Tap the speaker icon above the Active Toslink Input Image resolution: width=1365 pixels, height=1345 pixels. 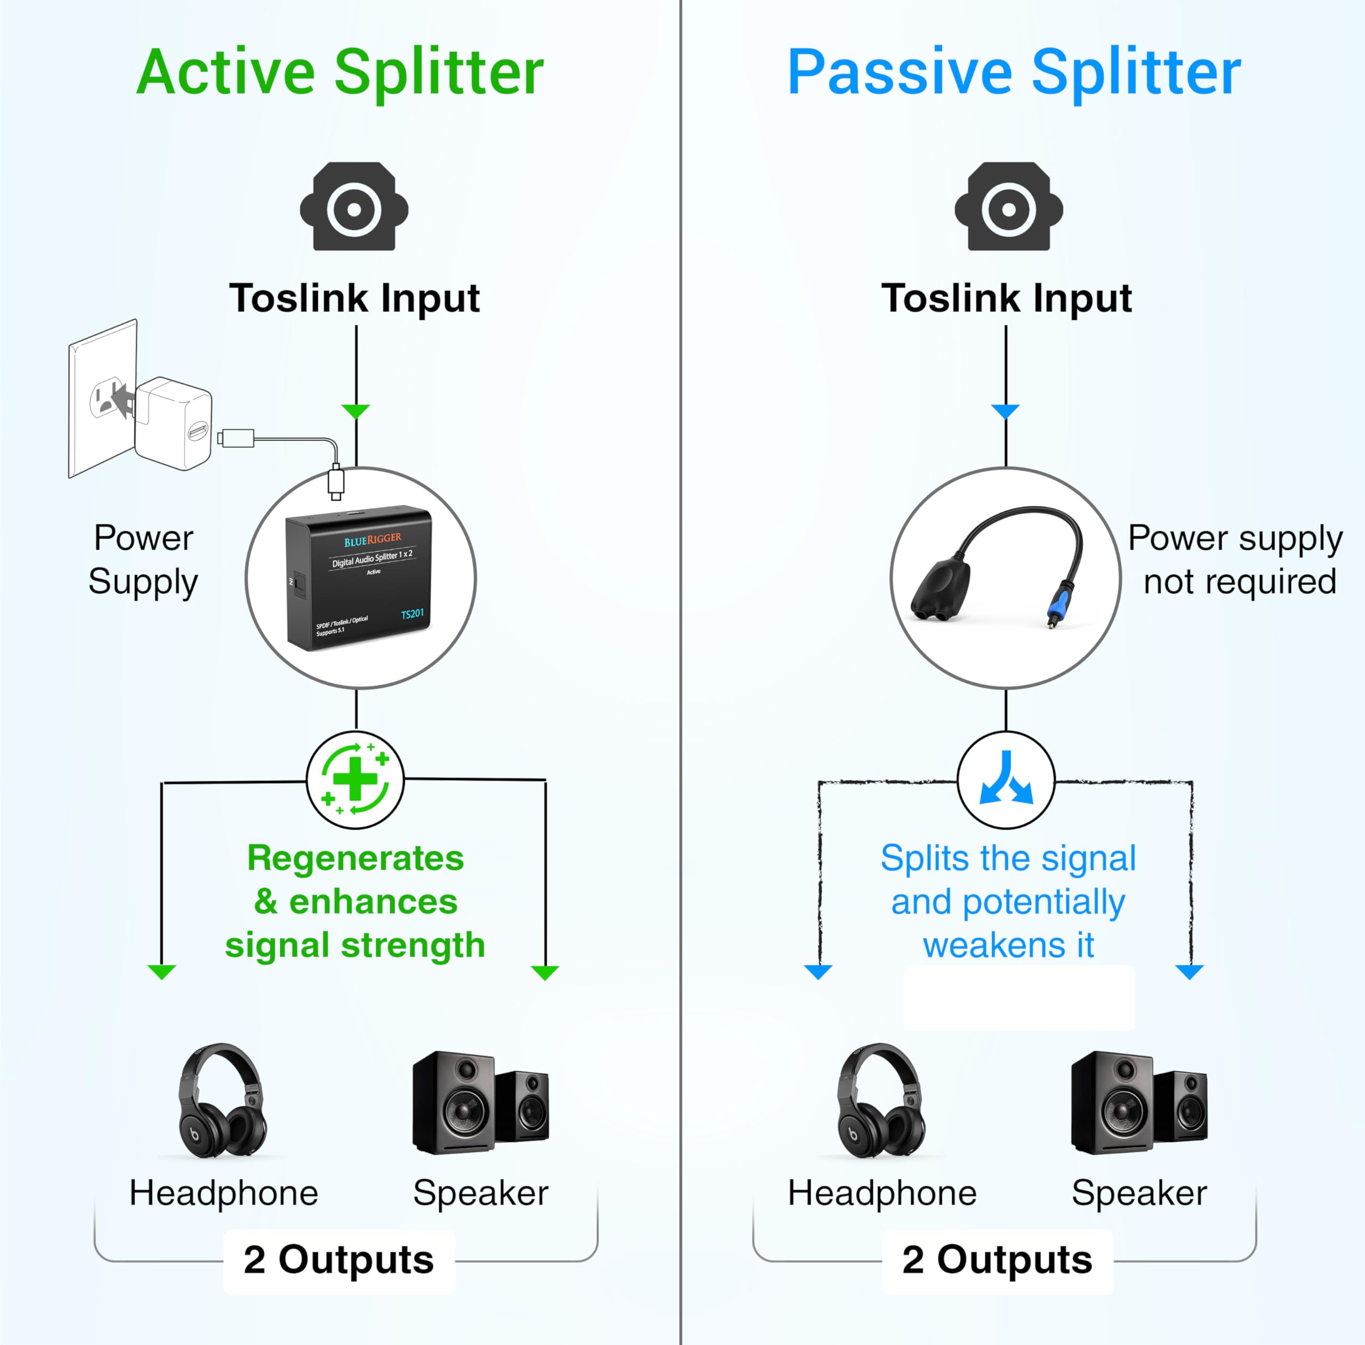point(354,207)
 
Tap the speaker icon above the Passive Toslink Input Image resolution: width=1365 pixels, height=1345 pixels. point(1008,207)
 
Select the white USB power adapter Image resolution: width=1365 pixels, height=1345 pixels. point(174,422)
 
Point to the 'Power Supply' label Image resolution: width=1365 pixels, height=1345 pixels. point(143,559)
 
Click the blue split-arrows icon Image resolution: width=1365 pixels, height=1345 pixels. point(1006,779)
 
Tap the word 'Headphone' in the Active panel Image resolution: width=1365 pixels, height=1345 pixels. point(223,1193)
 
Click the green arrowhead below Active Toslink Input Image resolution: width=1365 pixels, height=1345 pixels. point(356,411)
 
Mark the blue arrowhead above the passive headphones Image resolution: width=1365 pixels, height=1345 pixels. point(818,972)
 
